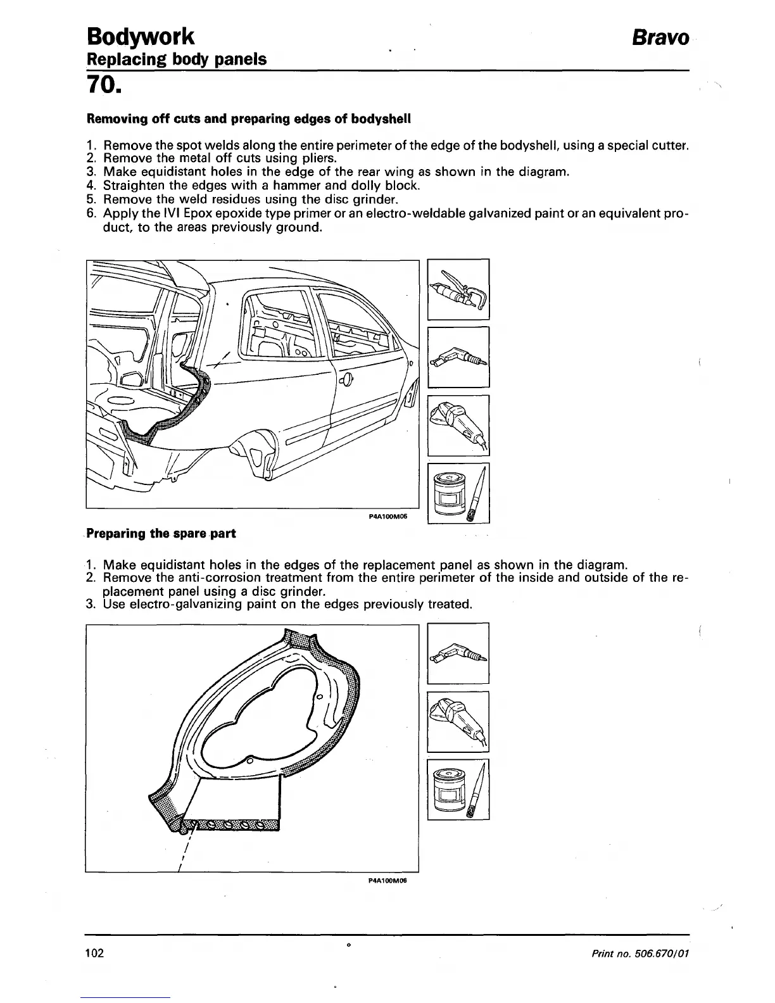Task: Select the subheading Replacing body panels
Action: pyautogui.click(x=176, y=60)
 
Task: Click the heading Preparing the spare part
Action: pyautogui.click(x=161, y=533)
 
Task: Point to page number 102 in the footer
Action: pyautogui.click(x=94, y=953)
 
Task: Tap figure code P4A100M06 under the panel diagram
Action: pyautogui.click(x=386, y=880)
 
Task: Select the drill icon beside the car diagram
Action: pyautogui.click(x=458, y=356)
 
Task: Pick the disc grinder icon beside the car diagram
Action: pyautogui.click(x=458, y=425)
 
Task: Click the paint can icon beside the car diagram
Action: pyautogui.click(x=458, y=493)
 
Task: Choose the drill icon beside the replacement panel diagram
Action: pyautogui.click(x=458, y=653)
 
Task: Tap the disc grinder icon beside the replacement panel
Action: pyautogui.click(x=458, y=721)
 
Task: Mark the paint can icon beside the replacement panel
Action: pyautogui.click(x=458, y=790)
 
